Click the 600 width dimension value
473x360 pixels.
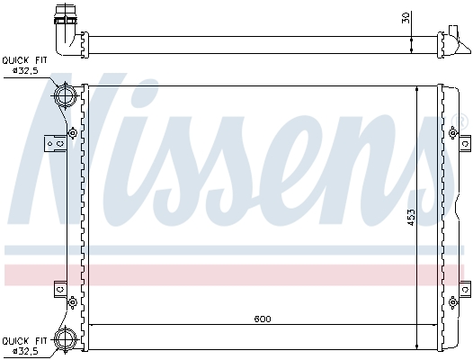[262, 319]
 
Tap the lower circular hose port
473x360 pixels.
[65, 339]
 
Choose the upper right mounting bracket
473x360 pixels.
[464, 142]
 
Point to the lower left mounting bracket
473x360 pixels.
[60, 290]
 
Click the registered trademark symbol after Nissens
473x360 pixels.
[462, 121]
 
